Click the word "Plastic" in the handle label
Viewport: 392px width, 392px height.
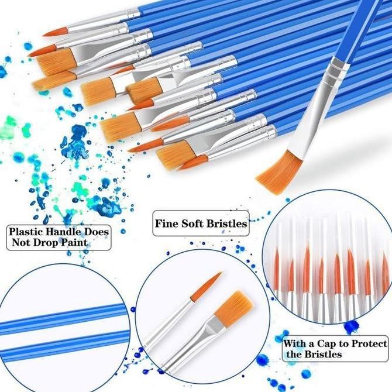pyautogui.click(x=24, y=232)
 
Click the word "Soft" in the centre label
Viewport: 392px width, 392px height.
pyautogui.click(x=195, y=223)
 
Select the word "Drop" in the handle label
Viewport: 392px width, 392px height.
pyautogui.click(x=48, y=242)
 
